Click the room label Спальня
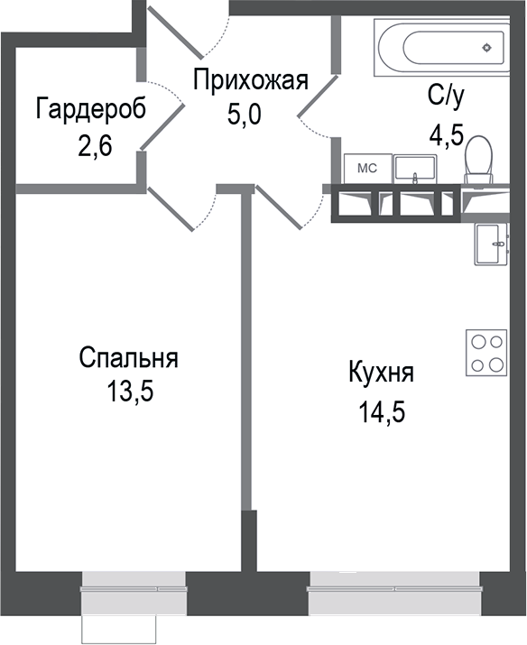click(x=128, y=358)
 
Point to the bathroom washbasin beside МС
click(x=416, y=169)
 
